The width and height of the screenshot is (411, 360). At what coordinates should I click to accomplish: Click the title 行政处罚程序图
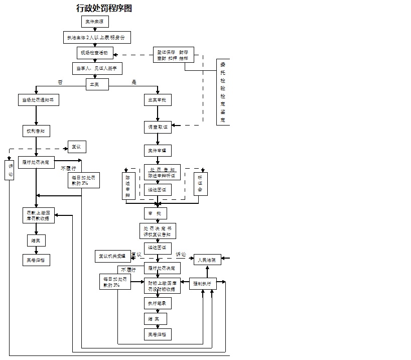tap(104, 8)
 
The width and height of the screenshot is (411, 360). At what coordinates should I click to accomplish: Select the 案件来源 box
tap(95, 22)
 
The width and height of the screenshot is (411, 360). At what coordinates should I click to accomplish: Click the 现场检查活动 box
tap(94, 52)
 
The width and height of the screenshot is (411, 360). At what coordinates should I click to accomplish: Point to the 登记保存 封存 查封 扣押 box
tap(173, 55)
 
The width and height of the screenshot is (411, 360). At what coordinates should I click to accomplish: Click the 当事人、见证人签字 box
tap(97, 68)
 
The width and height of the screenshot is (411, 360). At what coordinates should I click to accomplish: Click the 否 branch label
tap(61, 82)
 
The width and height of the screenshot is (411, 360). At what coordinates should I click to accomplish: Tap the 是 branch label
tap(134, 82)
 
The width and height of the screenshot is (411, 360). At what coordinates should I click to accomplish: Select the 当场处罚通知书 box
tap(38, 100)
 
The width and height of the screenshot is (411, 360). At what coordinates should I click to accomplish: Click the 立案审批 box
tap(158, 100)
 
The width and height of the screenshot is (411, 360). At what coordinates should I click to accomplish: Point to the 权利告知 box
tap(36, 131)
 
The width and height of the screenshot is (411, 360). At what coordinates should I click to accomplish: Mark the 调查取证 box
tap(158, 127)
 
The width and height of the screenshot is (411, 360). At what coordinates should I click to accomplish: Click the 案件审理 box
tap(158, 150)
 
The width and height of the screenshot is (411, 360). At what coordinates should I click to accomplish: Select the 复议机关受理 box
tap(112, 256)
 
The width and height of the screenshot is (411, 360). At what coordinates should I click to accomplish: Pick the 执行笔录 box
tap(157, 303)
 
